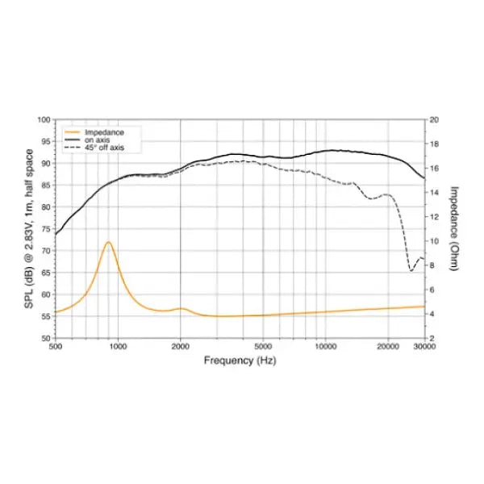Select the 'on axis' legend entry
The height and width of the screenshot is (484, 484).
(96, 140)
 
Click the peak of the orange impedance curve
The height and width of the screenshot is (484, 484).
(107, 242)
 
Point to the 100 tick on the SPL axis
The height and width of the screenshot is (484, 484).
(44, 119)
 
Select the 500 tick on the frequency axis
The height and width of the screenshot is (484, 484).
(56, 347)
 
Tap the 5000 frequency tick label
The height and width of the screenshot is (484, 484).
(263, 347)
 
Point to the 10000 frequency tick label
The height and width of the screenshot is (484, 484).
(325, 347)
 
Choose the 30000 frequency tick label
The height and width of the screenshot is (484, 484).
(424, 347)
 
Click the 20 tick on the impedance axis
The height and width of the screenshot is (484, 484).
(434, 119)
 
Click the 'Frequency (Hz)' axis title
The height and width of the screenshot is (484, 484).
(240, 361)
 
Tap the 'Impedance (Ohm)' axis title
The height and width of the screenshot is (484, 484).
(454, 229)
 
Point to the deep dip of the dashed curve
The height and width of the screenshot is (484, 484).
(411, 270)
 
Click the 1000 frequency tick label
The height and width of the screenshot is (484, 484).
(118, 347)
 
